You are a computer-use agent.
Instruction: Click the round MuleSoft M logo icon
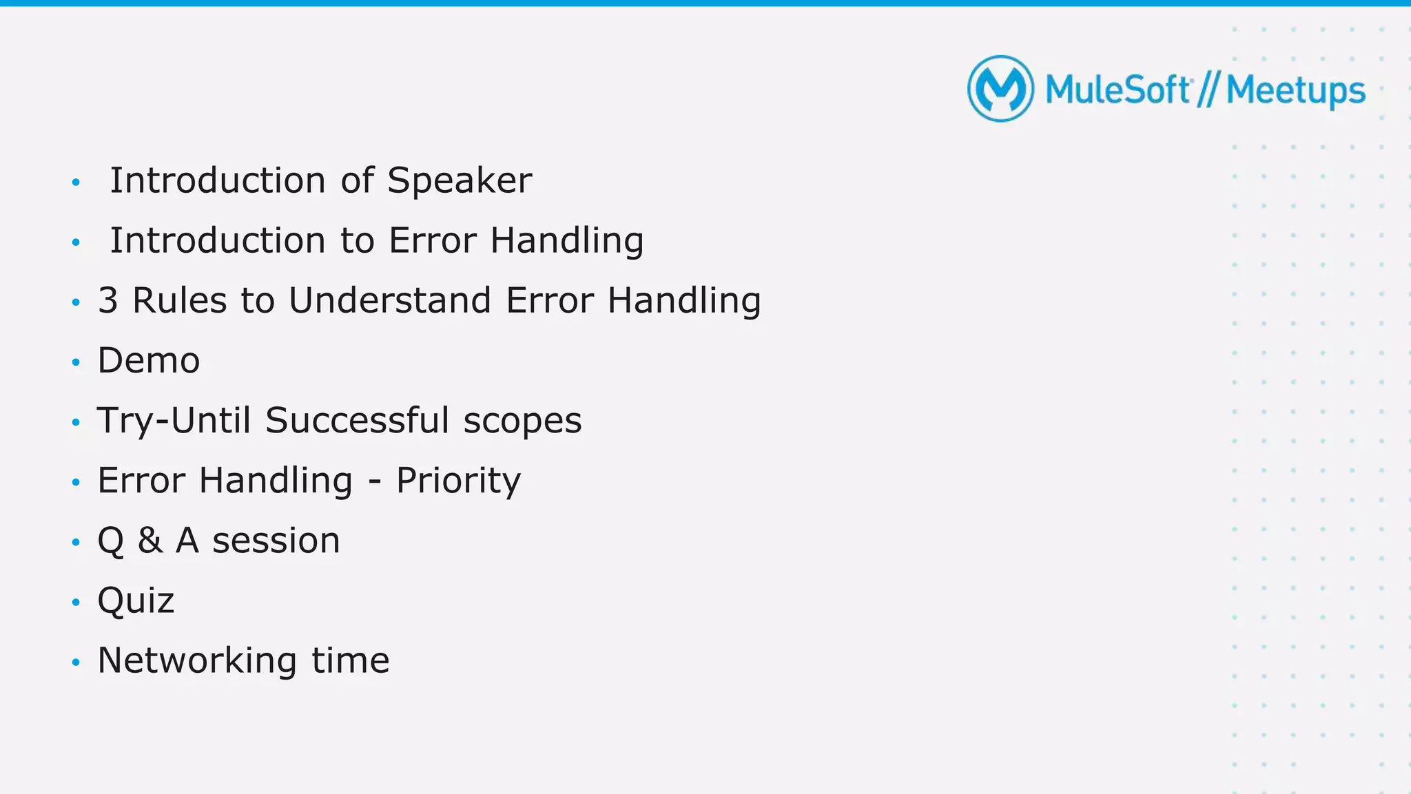pyautogui.click(x=1000, y=89)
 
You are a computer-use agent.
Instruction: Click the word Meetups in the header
pyautogui.click(x=1295, y=91)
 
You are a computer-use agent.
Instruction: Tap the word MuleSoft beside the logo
pyautogui.click(x=1118, y=90)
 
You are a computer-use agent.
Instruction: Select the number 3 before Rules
pyautogui.click(x=107, y=301)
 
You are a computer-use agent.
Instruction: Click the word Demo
pyautogui.click(x=149, y=361)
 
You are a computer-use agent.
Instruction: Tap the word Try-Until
pyautogui.click(x=174, y=421)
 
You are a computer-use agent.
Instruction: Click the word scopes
pyautogui.click(x=522, y=421)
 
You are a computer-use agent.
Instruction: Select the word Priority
pyautogui.click(x=458, y=481)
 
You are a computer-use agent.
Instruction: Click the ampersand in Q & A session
pyautogui.click(x=150, y=541)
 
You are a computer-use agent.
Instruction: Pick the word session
pyautogui.click(x=276, y=541)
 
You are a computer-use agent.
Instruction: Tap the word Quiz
pyautogui.click(x=136, y=600)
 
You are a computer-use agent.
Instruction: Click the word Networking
pyautogui.click(x=197, y=660)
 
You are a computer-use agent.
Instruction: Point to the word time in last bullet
pyautogui.click(x=350, y=660)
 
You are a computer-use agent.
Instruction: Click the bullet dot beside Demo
pyautogui.click(x=76, y=362)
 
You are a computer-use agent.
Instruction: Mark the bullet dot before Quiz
pyautogui.click(x=76, y=602)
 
